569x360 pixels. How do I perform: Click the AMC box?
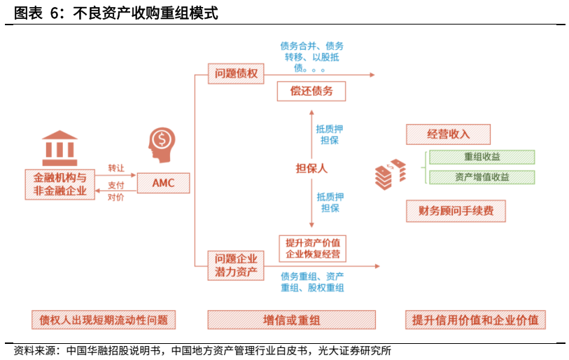(x=163, y=184)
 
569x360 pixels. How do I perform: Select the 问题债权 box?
(x=237, y=73)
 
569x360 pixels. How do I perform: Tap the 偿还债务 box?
(x=312, y=91)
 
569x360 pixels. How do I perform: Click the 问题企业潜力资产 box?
(x=236, y=265)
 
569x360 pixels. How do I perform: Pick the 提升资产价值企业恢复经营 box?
(x=312, y=248)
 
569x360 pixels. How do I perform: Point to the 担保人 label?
(x=311, y=168)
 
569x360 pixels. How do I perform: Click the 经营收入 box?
(x=449, y=134)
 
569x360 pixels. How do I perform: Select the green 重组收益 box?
(x=482, y=157)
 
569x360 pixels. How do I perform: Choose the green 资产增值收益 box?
(x=482, y=177)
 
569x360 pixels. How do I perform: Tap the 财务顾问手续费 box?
(x=456, y=211)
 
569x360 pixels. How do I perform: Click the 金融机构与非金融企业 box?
(x=59, y=184)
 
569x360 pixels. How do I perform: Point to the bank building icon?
(x=59, y=146)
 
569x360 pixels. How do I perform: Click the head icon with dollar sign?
(x=161, y=144)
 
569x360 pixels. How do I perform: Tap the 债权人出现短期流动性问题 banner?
(x=103, y=319)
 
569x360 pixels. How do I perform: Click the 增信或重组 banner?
(x=292, y=319)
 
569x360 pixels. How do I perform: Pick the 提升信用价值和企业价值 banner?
(x=475, y=319)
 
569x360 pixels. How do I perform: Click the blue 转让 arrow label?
(x=115, y=168)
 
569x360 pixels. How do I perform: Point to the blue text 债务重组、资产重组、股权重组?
(x=312, y=282)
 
